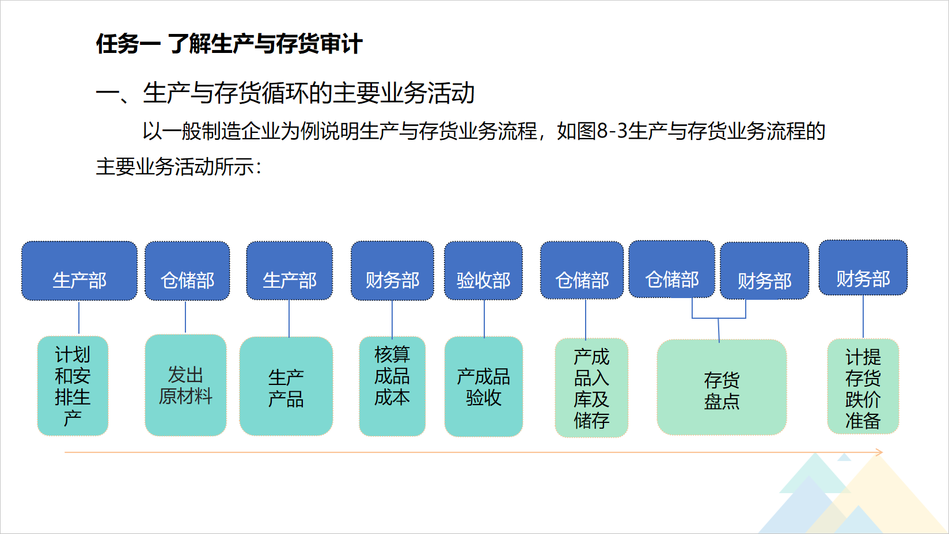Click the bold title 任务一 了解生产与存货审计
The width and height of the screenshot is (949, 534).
tap(229, 44)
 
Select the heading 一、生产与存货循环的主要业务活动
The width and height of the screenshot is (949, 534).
tap(285, 93)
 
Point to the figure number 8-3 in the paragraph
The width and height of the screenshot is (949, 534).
tap(612, 131)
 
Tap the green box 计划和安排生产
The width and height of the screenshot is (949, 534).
tap(73, 386)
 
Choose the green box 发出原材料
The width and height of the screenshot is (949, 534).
tap(185, 386)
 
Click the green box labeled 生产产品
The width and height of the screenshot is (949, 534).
tap(286, 386)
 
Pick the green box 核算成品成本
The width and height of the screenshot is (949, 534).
tap(392, 386)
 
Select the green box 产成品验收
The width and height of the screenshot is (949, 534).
tap(483, 387)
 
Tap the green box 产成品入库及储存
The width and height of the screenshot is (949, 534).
tap(591, 388)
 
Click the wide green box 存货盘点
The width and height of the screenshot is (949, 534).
tap(722, 387)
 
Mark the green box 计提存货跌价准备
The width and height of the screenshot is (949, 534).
tap(863, 387)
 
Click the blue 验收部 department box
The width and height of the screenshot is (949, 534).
tap(483, 270)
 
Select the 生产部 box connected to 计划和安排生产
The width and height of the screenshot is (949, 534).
tap(79, 271)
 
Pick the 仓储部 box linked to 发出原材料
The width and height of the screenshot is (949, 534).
tap(187, 271)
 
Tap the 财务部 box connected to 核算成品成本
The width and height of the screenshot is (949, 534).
tap(392, 271)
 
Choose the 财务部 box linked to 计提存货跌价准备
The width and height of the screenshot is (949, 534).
tap(863, 268)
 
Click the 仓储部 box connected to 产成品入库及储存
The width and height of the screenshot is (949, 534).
tap(582, 270)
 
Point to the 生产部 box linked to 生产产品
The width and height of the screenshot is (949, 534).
tap(289, 270)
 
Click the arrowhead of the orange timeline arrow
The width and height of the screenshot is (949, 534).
tap(882, 452)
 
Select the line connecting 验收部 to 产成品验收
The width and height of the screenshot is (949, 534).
tap(484, 318)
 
